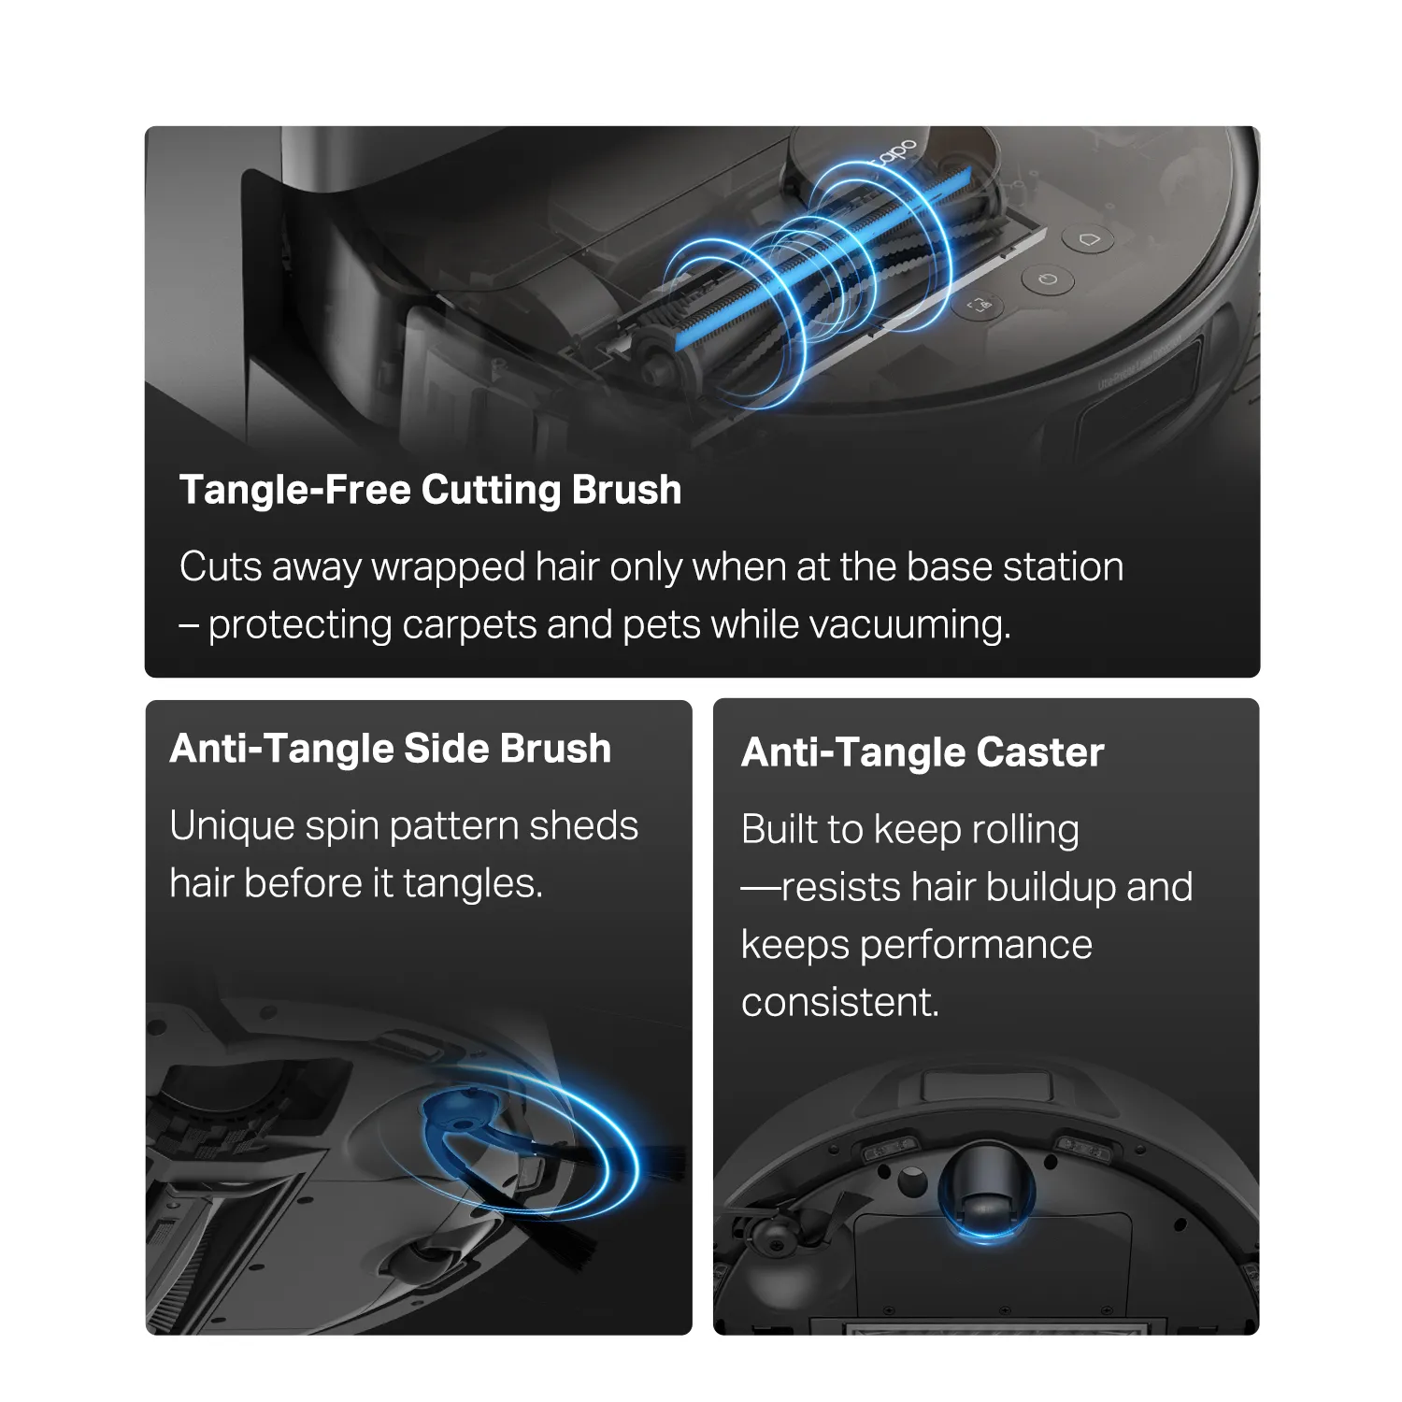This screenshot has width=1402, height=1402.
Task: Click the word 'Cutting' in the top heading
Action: coord(492,491)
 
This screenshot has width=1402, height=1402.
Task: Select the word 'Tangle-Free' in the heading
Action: coord(294,491)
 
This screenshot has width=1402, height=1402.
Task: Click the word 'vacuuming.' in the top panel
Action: coord(908,624)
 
